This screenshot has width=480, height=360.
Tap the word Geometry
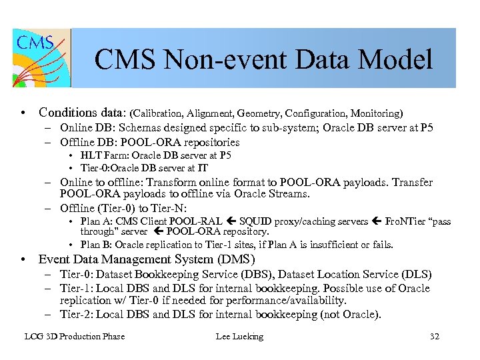point(261,113)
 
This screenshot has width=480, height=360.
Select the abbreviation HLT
point(90,155)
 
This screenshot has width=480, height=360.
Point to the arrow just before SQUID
point(230,221)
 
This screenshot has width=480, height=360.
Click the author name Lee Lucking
point(239,337)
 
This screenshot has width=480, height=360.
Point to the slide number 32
point(434,337)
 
